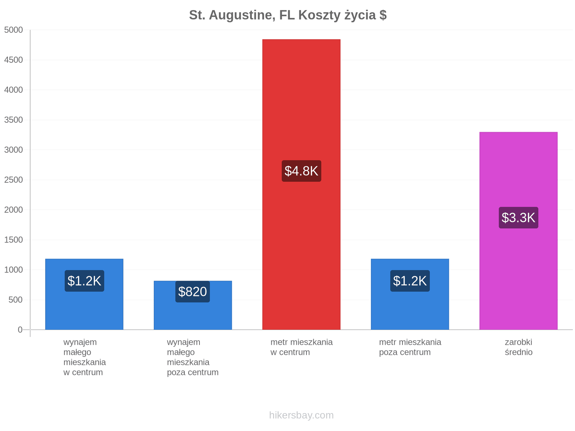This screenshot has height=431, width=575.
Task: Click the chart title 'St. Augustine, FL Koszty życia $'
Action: click(x=287, y=15)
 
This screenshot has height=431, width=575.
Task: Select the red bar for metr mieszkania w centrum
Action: click(x=301, y=184)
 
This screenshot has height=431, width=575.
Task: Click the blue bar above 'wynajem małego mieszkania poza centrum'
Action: click(x=193, y=305)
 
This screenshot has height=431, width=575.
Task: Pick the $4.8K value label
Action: click(x=301, y=171)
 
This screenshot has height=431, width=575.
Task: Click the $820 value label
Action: click(x=193, y=291)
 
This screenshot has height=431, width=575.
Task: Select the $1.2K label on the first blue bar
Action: click(x=84, y=281)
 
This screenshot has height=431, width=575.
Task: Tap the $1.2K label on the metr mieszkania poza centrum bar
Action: click(x=410, y=281)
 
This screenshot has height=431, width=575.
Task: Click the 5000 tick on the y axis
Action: click(x=13, y=30)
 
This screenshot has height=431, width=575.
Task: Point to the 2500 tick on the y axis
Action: click(x=13, y=180)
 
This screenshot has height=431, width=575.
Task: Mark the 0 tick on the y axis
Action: click(x=20, y=329)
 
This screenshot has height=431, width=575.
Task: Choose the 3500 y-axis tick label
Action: click(x=13, y=120)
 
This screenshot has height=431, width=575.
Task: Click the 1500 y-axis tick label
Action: click(x=13, y=240)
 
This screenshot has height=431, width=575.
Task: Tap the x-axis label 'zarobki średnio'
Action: click(x=518, y=347)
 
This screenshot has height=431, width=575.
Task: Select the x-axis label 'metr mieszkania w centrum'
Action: click(x=301, y=347)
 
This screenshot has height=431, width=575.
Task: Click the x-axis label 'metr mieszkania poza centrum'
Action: click(x=410, y=347)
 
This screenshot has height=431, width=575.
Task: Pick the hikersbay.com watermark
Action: click(x=301, y=415)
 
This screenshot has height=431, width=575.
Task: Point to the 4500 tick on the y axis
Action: click(x=13, y=60)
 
